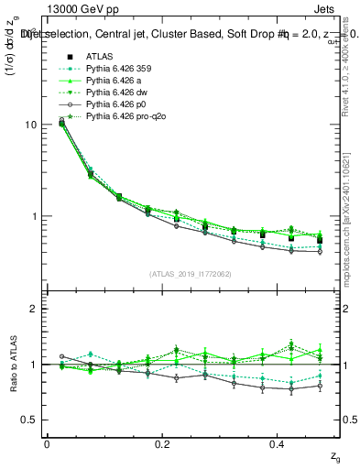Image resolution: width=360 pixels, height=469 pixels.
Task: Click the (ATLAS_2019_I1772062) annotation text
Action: pos(191,274)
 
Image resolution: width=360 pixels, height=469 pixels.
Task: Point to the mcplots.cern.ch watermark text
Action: pos(352,211)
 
